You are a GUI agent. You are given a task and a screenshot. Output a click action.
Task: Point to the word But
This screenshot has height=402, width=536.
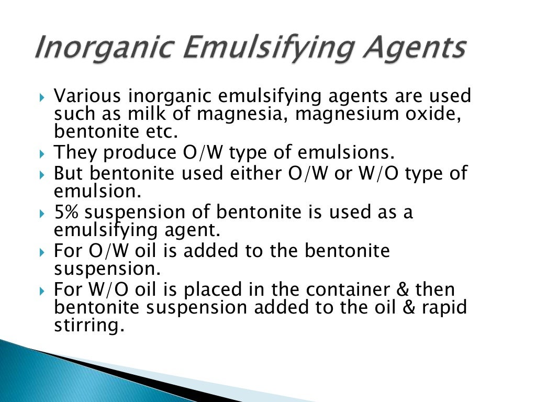coord(70,173)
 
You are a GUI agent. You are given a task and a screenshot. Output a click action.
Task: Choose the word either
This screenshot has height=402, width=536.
coord(254,173)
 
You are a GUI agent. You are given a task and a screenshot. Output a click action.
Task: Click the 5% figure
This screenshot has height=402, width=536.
coord(67,212)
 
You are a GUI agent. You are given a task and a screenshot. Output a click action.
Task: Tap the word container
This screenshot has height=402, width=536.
coord(354,289)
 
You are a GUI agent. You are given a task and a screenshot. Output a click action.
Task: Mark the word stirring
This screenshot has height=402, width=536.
coord(89,325)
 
